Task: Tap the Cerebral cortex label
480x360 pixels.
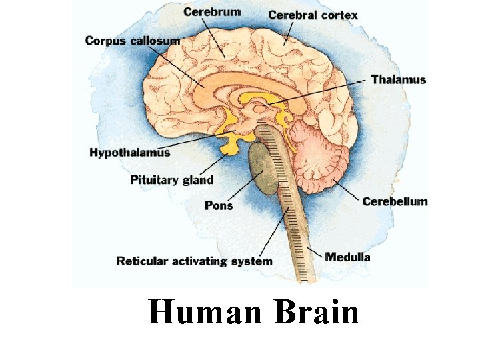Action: click(x=313, y=15)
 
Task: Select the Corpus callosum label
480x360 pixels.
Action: click(x=132, y=41)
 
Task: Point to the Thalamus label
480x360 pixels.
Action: click(x=398, y=80)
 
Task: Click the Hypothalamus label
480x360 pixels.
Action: click(x=130, y=153)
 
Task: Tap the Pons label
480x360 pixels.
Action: click(x=219, y=205)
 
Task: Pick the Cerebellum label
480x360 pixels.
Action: click(x=395, y=201)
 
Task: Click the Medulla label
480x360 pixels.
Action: click(x=347, y=256)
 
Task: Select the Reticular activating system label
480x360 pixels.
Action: click(x=194, y=261)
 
